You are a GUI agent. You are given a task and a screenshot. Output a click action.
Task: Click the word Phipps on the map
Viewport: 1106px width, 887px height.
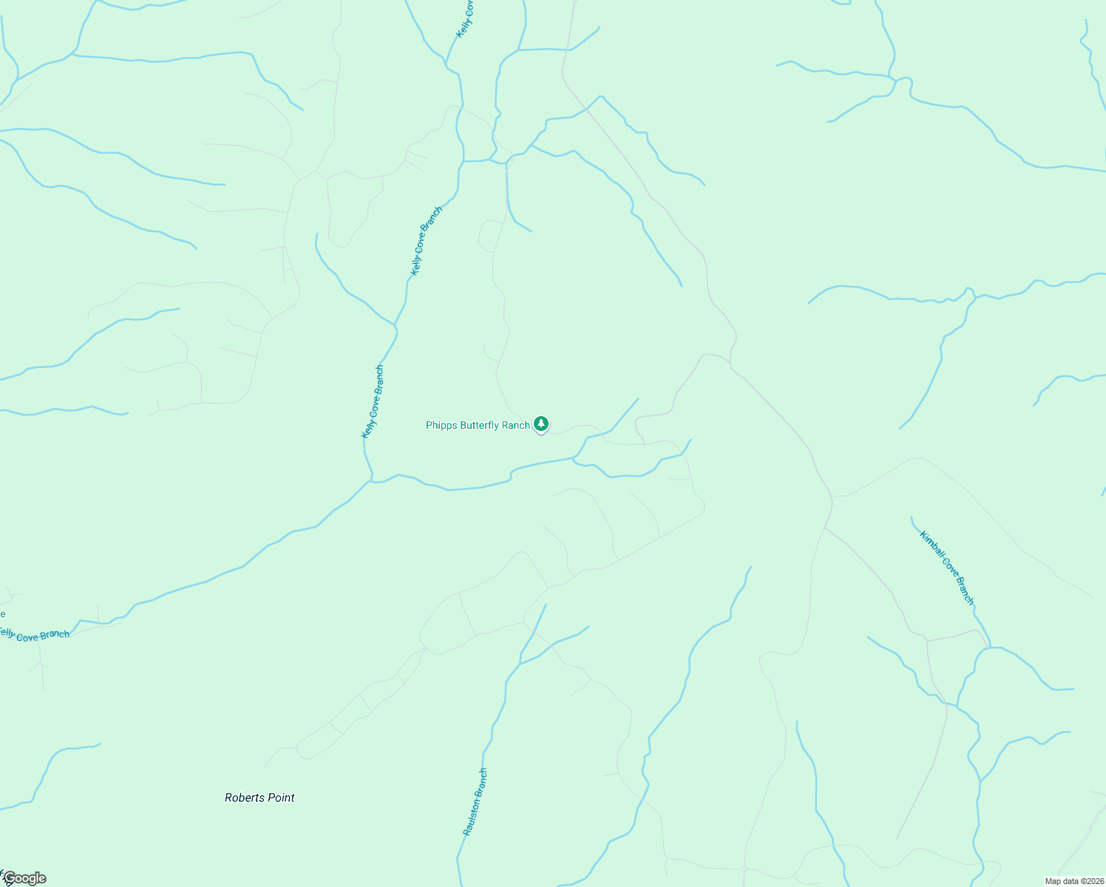pos(441,425)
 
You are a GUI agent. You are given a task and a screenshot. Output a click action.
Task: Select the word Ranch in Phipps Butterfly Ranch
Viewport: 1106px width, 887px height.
pos(516,425)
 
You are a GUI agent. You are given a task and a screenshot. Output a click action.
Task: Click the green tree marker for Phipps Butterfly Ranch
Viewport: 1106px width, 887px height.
pos(541,424)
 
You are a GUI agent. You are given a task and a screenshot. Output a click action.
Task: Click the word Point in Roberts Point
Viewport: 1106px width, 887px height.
pos(281,798)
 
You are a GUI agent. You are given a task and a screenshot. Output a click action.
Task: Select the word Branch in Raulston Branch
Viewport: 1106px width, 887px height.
pos(481,781)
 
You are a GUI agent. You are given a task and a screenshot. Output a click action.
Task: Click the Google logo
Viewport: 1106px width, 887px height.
pos(24,878)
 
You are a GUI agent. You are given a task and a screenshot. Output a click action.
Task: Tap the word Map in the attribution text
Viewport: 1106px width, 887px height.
pos(1052,881)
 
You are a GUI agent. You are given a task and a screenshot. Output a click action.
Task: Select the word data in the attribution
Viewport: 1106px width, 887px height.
pos(1069,881)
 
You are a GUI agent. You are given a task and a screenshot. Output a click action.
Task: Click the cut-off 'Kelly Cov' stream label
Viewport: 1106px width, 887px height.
pos(464,19)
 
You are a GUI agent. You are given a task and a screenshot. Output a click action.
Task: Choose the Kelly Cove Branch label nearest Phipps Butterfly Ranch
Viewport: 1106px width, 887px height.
pos(372,401)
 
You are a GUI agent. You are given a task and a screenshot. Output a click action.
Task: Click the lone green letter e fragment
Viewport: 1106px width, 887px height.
pos(3,614)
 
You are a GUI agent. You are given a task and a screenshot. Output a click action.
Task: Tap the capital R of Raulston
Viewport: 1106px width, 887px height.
pos(467,832)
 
